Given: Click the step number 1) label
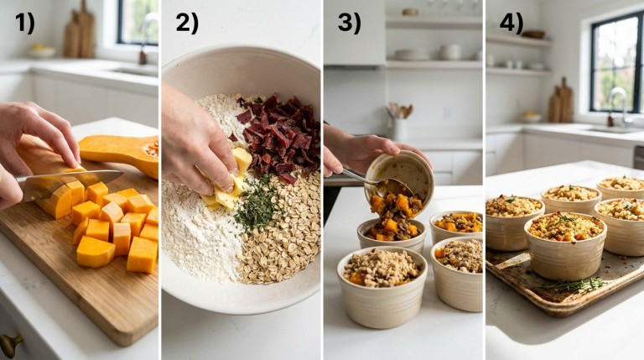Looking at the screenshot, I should point(24,23).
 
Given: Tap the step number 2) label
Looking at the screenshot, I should point(186,23).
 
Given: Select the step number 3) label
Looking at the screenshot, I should point(349,23).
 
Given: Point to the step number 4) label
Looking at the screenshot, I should point(511,23).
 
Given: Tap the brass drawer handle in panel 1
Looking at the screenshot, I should point(11,342).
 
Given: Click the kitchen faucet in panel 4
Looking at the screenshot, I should point(620,105).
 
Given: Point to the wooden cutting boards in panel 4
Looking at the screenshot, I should point(560,105).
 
